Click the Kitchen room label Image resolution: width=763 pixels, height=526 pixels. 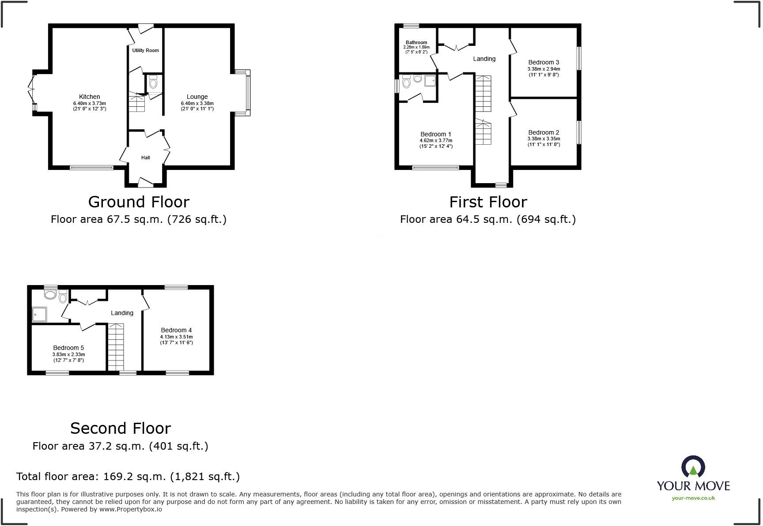point(89,97)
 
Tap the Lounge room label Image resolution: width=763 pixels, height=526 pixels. point(197,97)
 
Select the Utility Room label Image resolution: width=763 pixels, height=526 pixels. point(145,50)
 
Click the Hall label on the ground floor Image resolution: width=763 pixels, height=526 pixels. point(145,158)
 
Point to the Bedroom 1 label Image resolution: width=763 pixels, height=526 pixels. point(436,134)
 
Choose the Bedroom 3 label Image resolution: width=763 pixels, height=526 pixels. point(544,62)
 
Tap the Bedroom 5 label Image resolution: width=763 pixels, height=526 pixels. point(68,348)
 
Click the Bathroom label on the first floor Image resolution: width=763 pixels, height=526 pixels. point(416,42)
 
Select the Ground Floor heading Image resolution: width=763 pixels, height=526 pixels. point(139,202)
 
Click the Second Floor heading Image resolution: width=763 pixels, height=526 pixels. point(121,428)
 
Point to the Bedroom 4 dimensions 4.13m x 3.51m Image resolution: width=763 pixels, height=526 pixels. point(177,337)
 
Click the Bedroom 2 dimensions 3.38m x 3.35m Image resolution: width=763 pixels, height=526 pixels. point(544,139)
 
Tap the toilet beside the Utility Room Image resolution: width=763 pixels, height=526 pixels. point(153,82)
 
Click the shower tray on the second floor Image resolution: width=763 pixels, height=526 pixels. point(39,314)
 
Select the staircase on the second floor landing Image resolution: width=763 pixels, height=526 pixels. point(116,347)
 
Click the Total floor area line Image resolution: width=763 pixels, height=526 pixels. point(128,477)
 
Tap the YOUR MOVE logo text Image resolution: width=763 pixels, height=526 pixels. point(693,486)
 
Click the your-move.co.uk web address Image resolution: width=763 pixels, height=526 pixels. point(693,498)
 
